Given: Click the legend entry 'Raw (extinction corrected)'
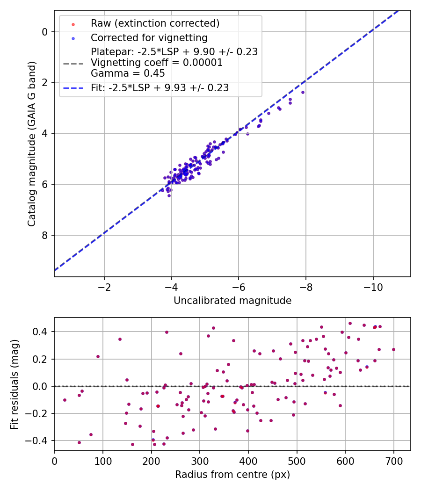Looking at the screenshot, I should point(155,23).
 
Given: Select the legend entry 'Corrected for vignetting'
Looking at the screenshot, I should point(149,37).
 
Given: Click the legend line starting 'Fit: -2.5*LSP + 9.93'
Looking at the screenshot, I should point(160,87).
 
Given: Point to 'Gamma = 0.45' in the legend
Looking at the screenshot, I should point(128,73).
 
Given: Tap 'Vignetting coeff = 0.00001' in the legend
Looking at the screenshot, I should point(157,63).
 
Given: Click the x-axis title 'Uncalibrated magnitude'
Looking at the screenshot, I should point(232,301).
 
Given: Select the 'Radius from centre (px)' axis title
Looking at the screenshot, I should point(232,475).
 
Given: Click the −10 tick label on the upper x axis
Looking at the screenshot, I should point(373,287).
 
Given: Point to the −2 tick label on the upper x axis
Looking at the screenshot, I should point(104,287).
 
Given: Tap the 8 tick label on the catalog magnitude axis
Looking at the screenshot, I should point(45,235).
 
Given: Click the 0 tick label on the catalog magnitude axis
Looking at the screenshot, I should point(45,32).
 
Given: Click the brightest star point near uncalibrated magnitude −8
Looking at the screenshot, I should point(303,92).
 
